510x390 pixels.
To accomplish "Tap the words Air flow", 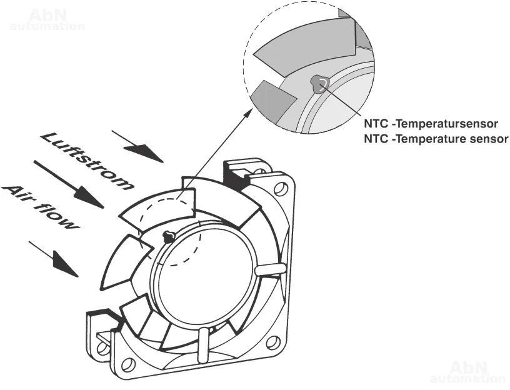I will pyautogui.click(x=41, y=206).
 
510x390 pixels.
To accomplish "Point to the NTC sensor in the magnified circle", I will pyautogui.click(x=319, y=83).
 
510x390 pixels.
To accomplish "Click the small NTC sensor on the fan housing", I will pyautogui.click(x=167, y=236).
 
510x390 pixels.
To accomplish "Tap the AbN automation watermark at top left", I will pyautogui.click(x=47, y=19).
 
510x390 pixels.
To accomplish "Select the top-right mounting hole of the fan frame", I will pyautogui.click(x=280, y=187).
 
